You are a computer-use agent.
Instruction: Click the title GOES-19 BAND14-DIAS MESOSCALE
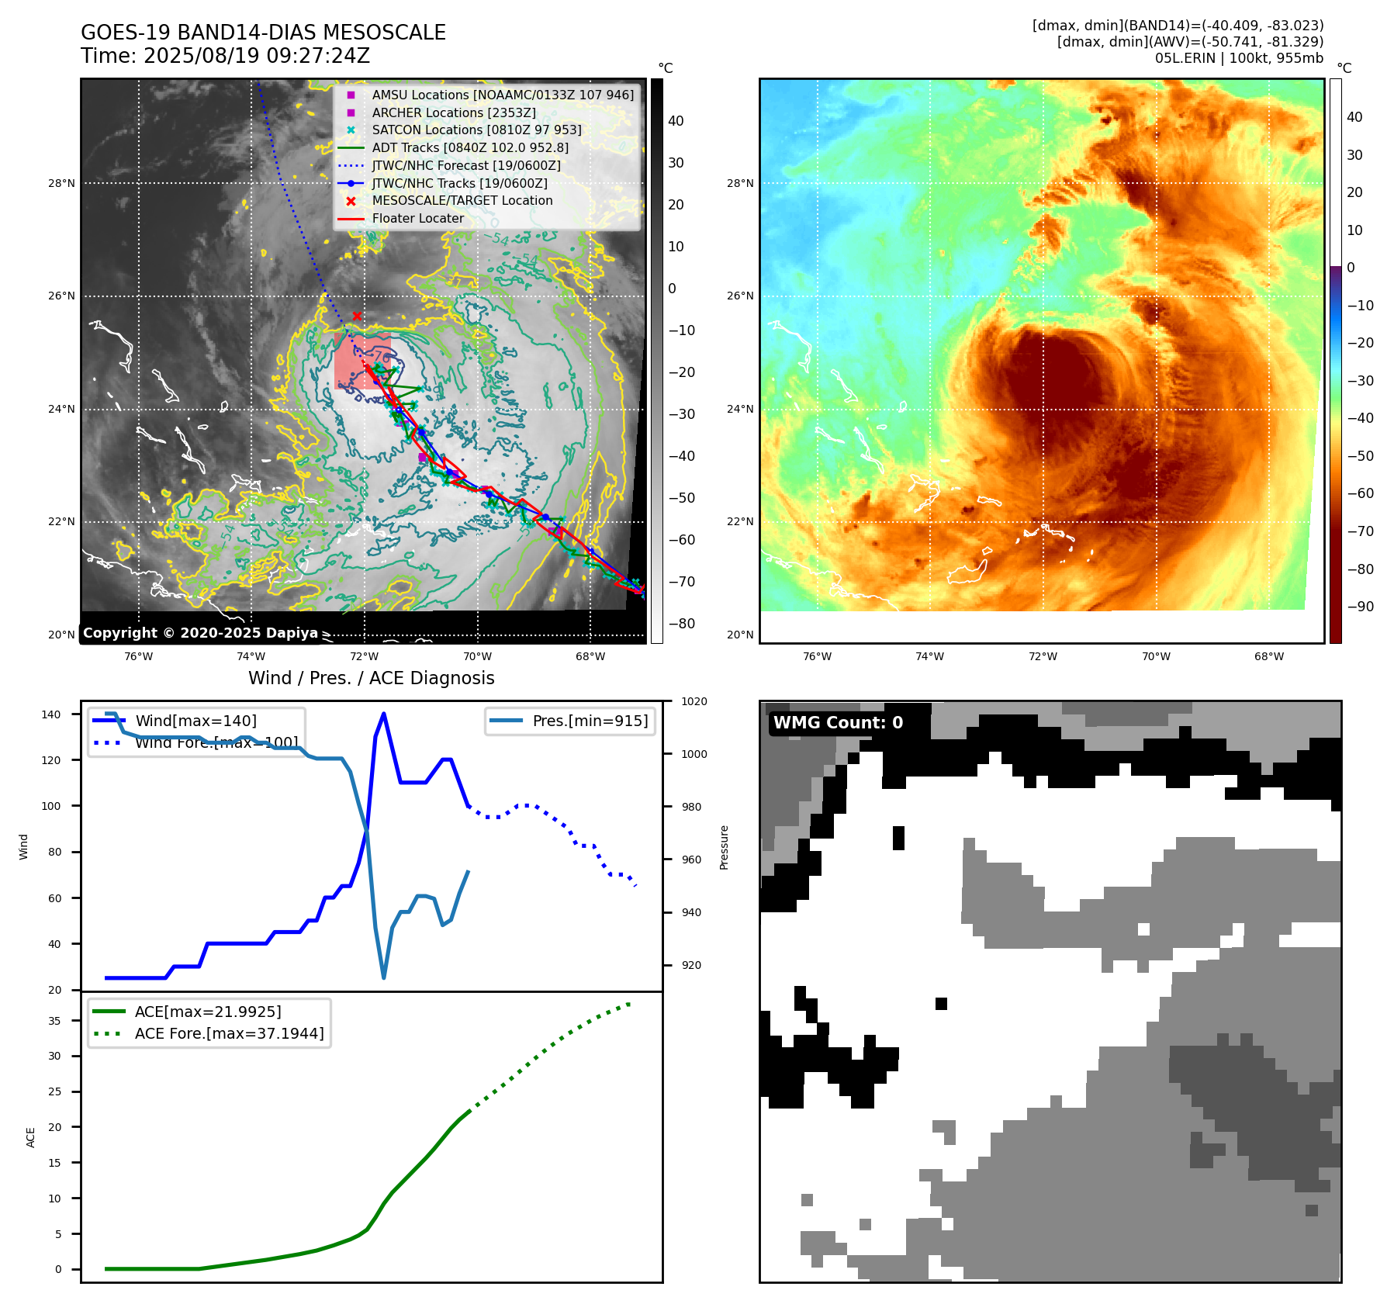(x=263, y=33)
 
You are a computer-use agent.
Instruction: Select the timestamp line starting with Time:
(x=225, y=56)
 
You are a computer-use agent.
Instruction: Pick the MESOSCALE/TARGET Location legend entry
(x=462, y=200)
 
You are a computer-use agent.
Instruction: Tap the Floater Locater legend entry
(x=417, y=218)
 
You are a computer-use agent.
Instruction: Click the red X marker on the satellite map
(x=357, y=316)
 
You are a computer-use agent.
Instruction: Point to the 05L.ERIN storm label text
(x=1238, y=58)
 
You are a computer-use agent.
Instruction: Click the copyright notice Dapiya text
(x=200, y=633)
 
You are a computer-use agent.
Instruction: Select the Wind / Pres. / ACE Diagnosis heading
(x=371, y=678)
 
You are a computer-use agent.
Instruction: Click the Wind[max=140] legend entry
(x=195, y=721)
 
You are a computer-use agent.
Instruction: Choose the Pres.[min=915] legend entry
(x=590, y=721)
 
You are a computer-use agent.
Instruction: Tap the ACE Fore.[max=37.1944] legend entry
(x=229, y=1033)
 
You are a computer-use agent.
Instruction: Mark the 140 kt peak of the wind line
(x=384, y=714)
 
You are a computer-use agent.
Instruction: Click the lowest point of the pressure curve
(x=384, y=977)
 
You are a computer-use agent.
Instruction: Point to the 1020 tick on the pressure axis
(x=694, y=701)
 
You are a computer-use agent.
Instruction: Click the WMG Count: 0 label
(x=838, y=723)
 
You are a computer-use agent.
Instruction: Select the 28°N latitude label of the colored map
(x=739, y=184)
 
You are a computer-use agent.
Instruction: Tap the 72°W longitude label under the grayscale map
(x=364, y=656)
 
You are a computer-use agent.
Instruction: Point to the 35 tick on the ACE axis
(x=54, y=1021)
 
